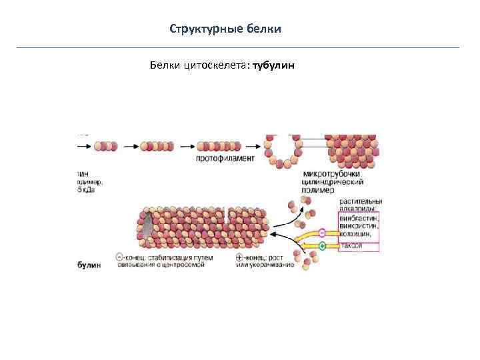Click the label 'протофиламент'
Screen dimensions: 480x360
click(225, 159)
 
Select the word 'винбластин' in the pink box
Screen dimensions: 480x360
click(359, 217)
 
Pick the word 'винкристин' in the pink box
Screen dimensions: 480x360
click(359, 225)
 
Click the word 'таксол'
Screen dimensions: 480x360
click(351, 246)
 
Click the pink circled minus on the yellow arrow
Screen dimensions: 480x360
click(323, 233)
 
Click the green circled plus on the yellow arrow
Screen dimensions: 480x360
click(323, 246)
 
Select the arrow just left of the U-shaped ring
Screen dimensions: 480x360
click(251, 145)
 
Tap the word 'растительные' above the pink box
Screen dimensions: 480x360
click(360, 201)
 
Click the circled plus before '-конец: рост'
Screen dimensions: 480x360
click(239, 257)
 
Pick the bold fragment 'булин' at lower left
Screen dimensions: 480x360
click(89, 265)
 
